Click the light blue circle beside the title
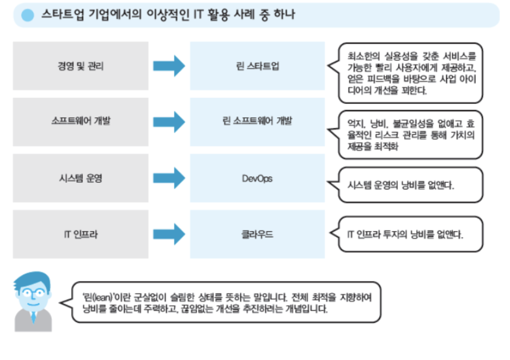click(27, 16)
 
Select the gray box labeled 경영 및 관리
click(81, 66)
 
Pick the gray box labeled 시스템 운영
click(81, 178)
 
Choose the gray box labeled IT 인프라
click(81, 234)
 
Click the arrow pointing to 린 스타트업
click(169, 66)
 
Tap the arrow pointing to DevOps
click(169, 178)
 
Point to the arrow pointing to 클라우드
click(169, 234)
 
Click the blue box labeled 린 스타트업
click(257, 66)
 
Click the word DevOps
click(257, 178)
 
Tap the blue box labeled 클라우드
click(257, 234)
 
